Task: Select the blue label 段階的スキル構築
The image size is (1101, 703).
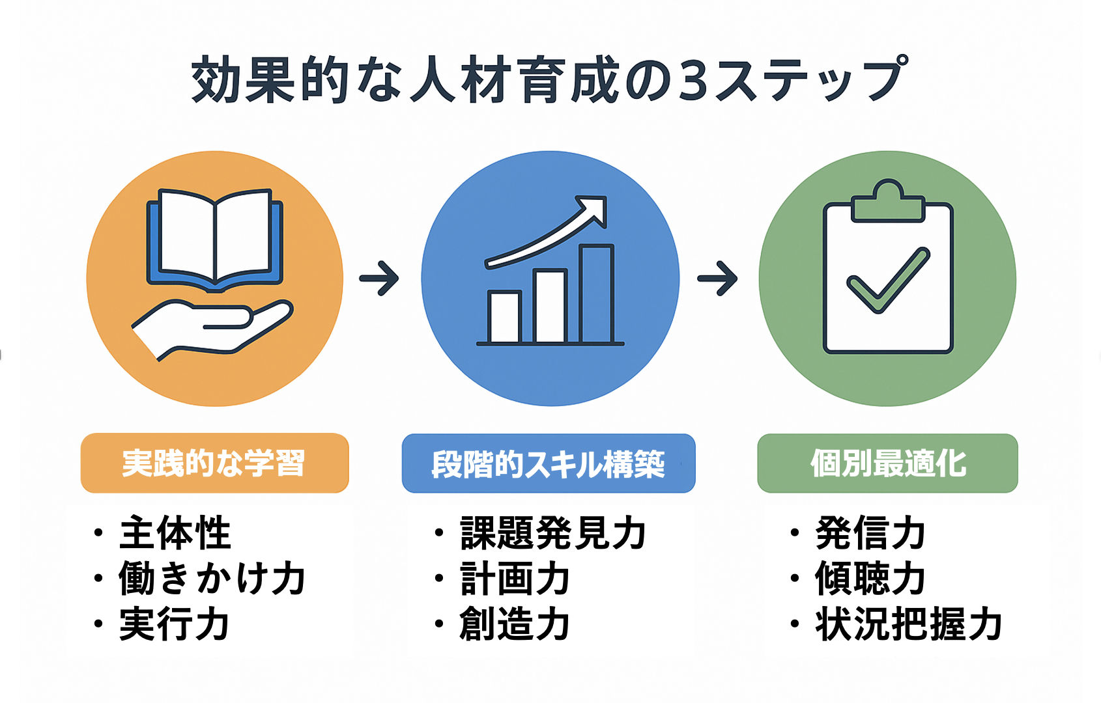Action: pyautogui.click(x=549, y=463)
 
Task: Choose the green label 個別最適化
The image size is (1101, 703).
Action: pyautogui.click(x=888, y=463)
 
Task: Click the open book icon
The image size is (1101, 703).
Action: pyautogui.click(x=215, y=240)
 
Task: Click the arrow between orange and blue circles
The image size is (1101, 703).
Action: pyautogui.click(x=379, y=279)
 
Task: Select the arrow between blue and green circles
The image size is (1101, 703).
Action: pyautogui.click(x=717, y=279)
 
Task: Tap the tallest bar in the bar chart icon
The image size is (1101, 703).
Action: pyautogui.click(x=597, y=294)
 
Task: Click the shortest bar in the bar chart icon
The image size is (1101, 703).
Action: pyautogui.click(x=504, y=317)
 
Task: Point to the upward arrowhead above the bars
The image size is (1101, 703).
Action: pyautogui.click(x=593, y=210)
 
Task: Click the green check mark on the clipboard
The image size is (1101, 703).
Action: pyautogui.click(x=888, y=280)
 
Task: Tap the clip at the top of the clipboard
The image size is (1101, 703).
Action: pyautogui.click(x=888, y=201)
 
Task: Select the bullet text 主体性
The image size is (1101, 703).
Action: pyautogui.click(x=175, y=532)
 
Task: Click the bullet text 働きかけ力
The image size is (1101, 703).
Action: pyautogui.click(x=212, y=578)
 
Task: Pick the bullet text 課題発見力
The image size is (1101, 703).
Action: pyautogui.click(x=552, y=532)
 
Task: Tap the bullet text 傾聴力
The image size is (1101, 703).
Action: pyautogui.click(x=870, y=578)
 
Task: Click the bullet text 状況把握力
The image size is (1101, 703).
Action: pyautogui.click(x=908, y=624)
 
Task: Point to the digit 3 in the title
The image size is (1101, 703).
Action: pyautogui.click(x=691, y=79)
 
